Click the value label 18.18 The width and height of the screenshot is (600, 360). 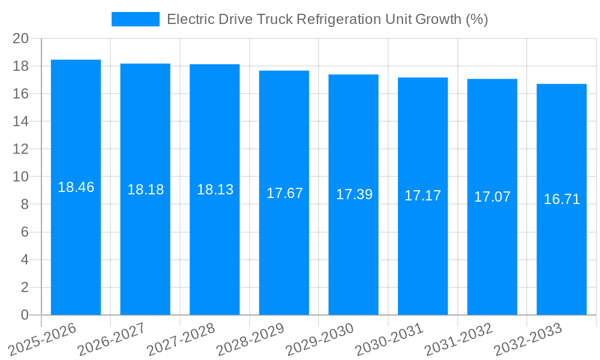point(145,190)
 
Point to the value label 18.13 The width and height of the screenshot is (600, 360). point(215,190)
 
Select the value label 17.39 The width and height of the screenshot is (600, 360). point(354,194)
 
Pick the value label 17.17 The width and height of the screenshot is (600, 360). point(422,196)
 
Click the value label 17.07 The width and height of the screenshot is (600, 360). point(492,197)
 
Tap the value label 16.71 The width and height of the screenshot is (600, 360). point(562,199)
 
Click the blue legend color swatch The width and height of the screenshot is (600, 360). point(136,19)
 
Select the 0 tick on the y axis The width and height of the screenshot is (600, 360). point(25,315)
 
